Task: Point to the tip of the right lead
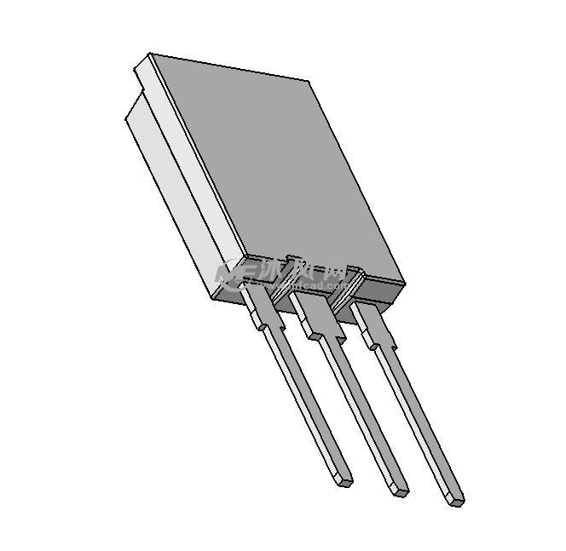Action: pos(455,499)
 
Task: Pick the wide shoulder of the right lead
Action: pos(375,331)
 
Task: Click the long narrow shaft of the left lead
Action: pos(307,400)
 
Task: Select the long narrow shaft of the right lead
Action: pos(418,417)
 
